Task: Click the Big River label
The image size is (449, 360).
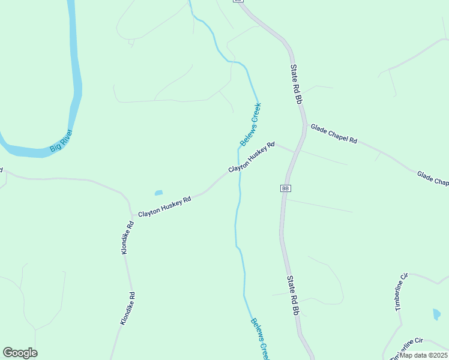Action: click(x=61, y=140)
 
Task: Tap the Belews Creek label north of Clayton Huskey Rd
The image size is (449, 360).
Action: click(x=250, y=125)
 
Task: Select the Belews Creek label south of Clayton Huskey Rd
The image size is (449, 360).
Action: click(x=259, y=338)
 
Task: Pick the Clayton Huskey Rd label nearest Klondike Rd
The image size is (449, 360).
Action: click(x=164, y=206)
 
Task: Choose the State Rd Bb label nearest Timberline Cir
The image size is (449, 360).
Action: click(x=292, y=295)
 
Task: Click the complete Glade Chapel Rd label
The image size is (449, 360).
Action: click(x=334, y=133)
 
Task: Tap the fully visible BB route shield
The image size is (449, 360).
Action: click(x=285, y=188)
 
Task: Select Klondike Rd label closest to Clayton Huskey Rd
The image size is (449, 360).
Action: click(x=127, y=238)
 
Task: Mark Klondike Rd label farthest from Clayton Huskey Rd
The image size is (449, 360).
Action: click(x=127, y=308)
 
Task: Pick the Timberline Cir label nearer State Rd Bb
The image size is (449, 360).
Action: click(x=401, y=292)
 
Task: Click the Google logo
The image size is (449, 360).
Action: click(x=20, y=353)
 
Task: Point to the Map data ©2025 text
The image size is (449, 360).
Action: click(x=423, y=355)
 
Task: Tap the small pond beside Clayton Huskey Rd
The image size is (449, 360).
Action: click(x=158, y=193)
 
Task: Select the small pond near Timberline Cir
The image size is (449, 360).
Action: click(x=436, y=314)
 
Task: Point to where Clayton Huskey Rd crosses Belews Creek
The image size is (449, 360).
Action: click(x=240, y=168)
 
